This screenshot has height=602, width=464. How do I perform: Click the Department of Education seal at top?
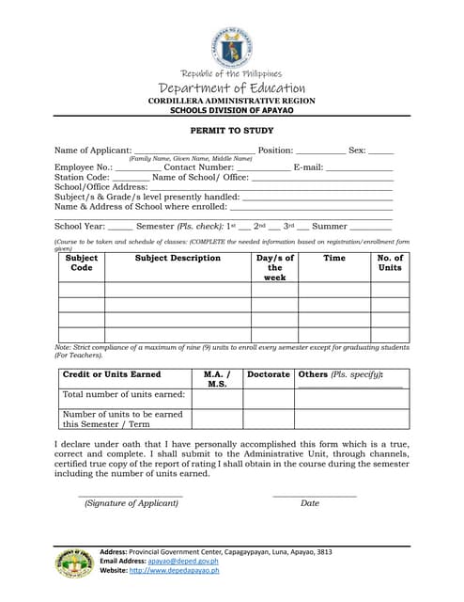[x=231, y=47]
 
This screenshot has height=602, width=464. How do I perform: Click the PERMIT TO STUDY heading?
[x=232, y=133]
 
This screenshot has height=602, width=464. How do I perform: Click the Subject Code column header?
[x=82, y=262]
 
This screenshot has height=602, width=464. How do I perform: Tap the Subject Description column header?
[x=178, y=258]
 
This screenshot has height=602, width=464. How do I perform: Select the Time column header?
[x=333, y=258]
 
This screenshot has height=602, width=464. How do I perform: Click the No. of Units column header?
[x=389, y=262]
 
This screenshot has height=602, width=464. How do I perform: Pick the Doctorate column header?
[x=269, y=374]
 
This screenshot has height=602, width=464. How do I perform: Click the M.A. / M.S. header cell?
[x=217, y=379]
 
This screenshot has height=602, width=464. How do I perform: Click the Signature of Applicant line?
[x=131, y=495]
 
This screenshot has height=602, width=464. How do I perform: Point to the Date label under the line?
[x=310, y=503]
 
